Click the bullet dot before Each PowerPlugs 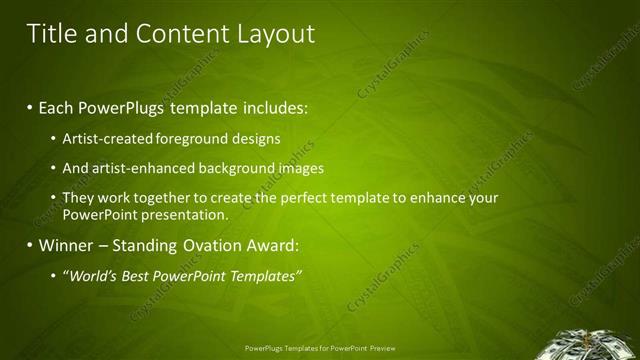coord(31,105)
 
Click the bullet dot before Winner coord(31,245)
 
